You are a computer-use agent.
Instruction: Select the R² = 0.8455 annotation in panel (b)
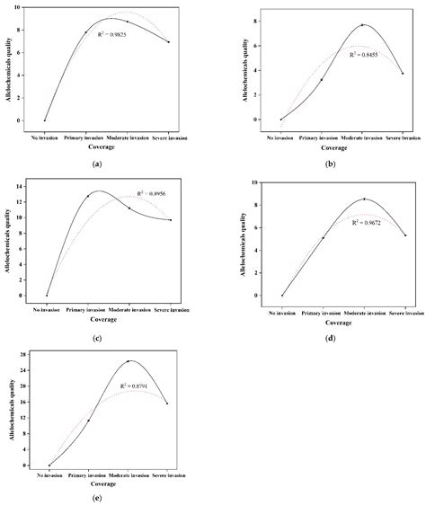click(x=366, y=54)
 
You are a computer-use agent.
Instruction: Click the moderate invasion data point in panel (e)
click(x=129, y=361)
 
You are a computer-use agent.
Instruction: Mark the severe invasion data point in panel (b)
click(x=402, y=74)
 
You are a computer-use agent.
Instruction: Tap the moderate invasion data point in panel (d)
click(x=364, y=199)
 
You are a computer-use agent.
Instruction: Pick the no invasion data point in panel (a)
click(x=45, y=120)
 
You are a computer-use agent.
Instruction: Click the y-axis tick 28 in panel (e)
click(x=34, y=355)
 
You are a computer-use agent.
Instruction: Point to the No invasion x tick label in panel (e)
click(x=49, y=473)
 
